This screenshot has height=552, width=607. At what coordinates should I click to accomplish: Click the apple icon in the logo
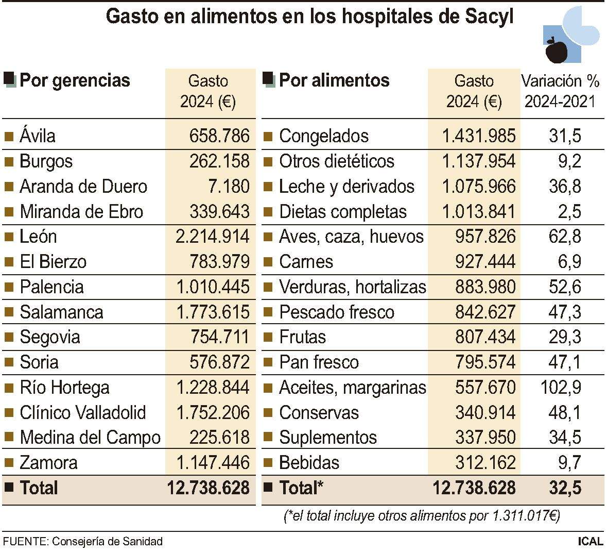tap(556, 50)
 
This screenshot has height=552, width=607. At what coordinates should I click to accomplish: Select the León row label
tap(38, 237)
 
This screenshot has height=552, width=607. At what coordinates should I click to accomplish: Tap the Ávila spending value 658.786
tap(219, 136)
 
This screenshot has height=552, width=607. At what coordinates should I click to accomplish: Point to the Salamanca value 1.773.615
tap(213, 312)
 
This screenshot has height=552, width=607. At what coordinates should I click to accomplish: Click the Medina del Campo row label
tap(90, 438)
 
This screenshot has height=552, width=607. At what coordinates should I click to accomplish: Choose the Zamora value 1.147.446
tap(213, 463)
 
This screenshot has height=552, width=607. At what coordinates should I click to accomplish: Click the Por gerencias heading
tap(75, 80)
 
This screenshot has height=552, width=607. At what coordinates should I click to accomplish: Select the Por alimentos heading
tap(334, 80)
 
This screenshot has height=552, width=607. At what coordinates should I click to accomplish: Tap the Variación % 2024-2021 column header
tap(560, 91)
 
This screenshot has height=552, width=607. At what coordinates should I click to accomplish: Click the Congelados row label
tap(323, 136)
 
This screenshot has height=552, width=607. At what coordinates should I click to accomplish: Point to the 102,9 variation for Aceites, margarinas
tap(564, 388)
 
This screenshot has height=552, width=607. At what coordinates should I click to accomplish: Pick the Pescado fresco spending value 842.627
tap(485, 312)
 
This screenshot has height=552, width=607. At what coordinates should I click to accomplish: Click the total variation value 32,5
tap(565, 488)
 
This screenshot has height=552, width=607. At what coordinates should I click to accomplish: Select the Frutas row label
tap(302, 337)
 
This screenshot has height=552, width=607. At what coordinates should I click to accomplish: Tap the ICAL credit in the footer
tap(590, 541)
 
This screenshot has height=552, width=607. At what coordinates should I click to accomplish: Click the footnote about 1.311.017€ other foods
tap(422, 515)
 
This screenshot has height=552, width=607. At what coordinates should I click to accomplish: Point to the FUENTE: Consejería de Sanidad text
tap(83, 541)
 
